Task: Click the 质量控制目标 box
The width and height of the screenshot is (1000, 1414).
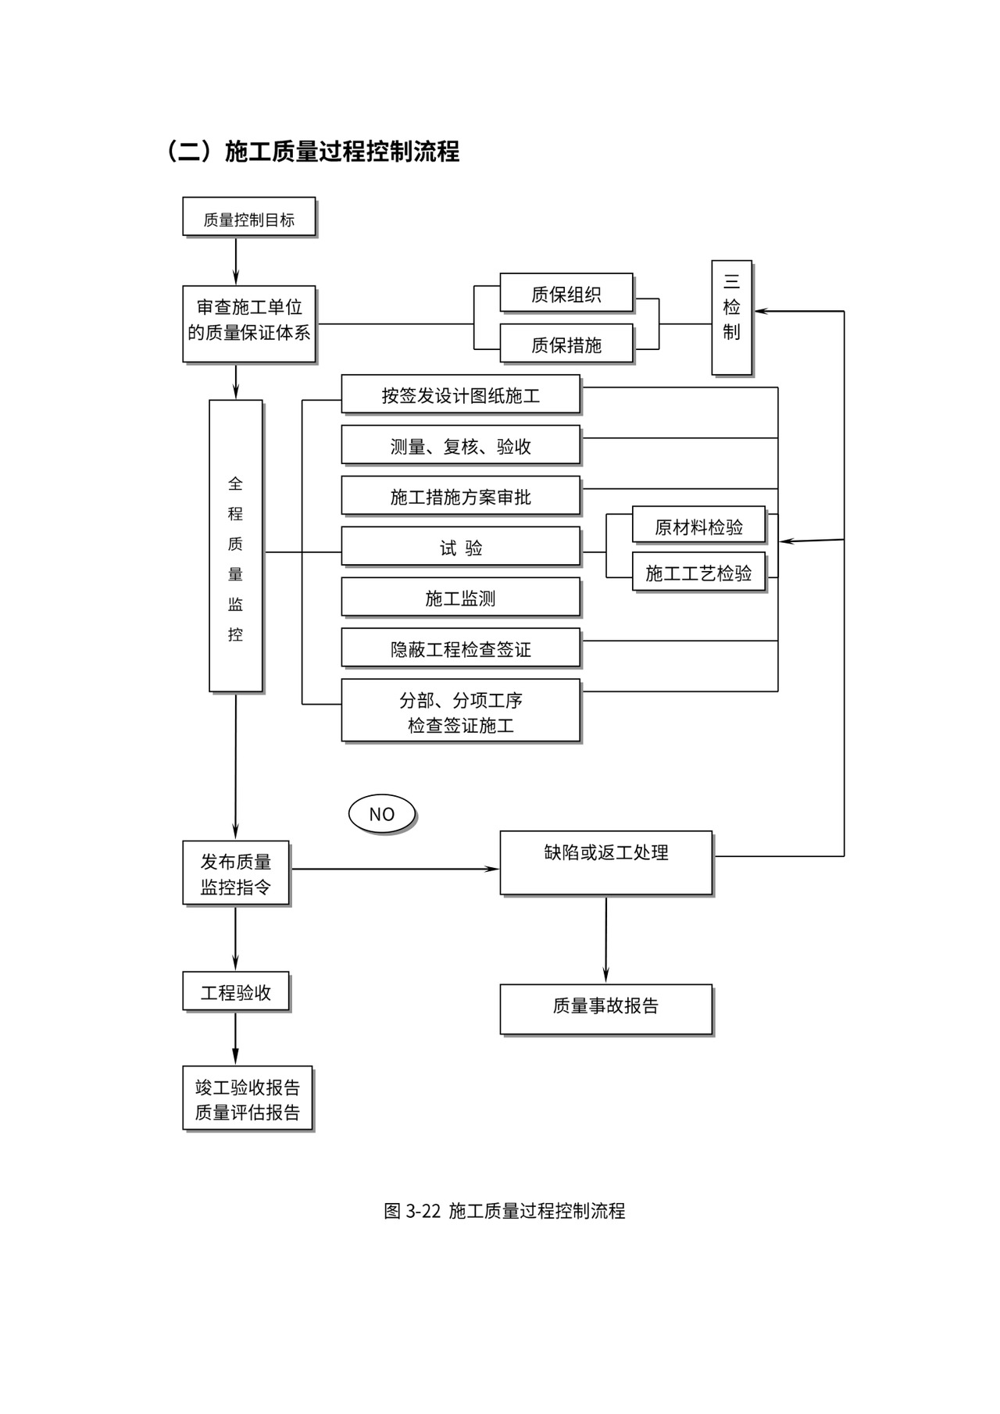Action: (248, 216)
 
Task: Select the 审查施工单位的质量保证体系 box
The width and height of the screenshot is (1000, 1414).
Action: (248, 323)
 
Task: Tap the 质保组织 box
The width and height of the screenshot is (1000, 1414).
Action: (566, 293)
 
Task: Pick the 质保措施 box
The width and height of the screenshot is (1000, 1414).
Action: (566, 344)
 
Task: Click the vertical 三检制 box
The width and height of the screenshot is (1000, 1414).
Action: (731, 317)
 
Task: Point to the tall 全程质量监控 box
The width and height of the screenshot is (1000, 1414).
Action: (235, 545)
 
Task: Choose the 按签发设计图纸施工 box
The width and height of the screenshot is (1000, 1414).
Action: (460, 395)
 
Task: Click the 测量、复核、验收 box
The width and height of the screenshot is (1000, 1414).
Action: (460, 445)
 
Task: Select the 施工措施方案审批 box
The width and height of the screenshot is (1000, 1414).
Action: (460, 496)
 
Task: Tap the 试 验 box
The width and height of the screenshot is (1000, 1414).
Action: (460, 547)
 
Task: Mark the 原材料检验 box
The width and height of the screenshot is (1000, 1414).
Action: (698, 526)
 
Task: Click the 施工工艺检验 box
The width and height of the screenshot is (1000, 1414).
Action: (698, 572)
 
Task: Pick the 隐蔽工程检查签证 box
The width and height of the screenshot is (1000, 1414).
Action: (460, 648)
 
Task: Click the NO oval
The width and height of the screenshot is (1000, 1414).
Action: (381, 813)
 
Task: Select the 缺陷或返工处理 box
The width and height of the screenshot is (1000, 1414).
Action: (605, 862)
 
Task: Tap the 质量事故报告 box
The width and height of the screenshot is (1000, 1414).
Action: (605, 1009)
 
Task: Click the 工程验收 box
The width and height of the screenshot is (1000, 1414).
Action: (235, 991)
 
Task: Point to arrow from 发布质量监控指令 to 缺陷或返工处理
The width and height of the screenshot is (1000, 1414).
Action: (395, 869)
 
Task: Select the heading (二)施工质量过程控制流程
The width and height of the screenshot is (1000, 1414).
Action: (312, 151)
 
